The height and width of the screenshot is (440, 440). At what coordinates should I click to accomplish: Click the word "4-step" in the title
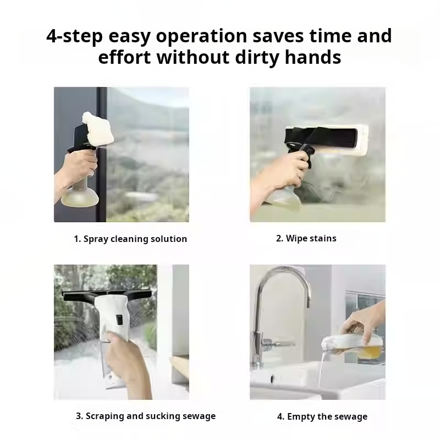[74, 36]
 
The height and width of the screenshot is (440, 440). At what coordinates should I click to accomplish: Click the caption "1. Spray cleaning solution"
[130, 239]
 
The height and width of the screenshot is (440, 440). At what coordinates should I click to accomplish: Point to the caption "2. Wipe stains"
[306, 238]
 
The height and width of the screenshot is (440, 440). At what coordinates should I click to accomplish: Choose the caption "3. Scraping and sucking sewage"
[146, 416]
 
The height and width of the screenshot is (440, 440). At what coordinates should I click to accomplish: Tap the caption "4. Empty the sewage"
[322, 416]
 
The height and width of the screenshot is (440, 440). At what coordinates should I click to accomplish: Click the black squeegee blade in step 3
[107, 295]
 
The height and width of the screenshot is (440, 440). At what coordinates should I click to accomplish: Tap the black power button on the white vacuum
[119, 320]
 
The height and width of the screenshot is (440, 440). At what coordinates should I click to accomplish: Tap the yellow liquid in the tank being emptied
[369, 351]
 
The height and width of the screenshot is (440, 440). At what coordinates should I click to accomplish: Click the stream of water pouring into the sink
[321, 370]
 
